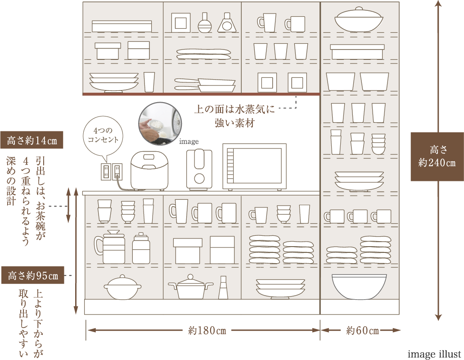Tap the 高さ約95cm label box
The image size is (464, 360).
[x=33, y=275]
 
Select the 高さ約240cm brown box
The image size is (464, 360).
[x=437, y=156]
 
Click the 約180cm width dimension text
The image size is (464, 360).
[x=207, y=331]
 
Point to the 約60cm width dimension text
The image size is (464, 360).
[x=363, y=331]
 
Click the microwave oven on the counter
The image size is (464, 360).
[x=254, y=166]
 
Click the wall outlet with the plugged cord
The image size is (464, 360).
[x=117, y=171]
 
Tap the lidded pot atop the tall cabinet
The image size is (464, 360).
[x=358, y=19]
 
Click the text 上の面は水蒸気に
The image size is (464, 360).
[x=234, y=109]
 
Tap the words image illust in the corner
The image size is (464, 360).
[x=434, y=354]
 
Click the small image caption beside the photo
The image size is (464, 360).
[x=189, y=142]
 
